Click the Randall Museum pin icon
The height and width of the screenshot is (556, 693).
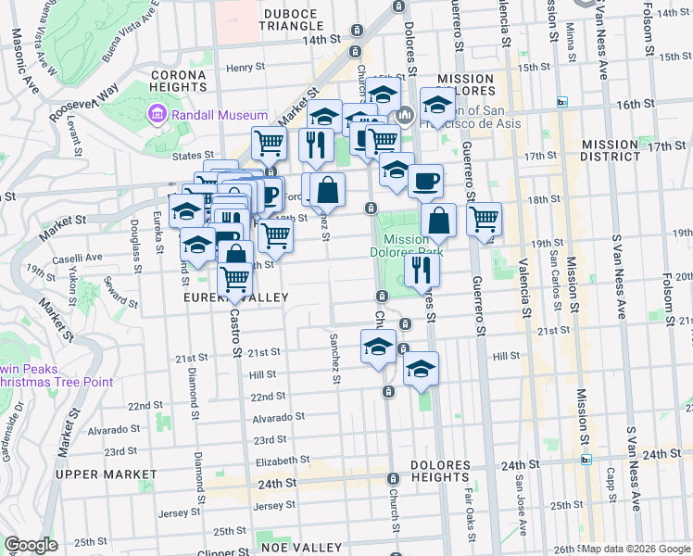[157, 115]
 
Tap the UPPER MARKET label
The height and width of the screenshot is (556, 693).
[106, 474]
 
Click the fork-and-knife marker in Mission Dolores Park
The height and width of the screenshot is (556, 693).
[422, 270]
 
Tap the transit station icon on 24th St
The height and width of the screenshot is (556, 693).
[586, 459]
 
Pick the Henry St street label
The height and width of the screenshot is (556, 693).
[246, 68]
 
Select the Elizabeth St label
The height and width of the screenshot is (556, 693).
[283, 460]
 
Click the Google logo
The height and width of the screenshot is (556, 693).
[31, 545]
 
